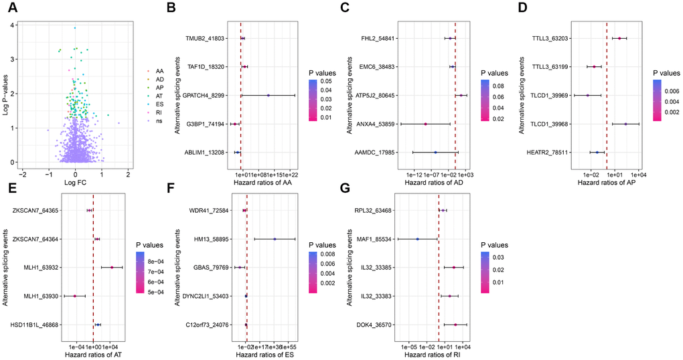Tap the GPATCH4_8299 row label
click(205, 96)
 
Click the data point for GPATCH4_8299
click(268, 96)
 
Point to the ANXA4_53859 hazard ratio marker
click(425, 124)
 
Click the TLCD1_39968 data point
click(625, 124)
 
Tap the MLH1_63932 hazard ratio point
click(112, 268)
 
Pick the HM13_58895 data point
click(275, 239)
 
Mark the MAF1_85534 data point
click(417, 239)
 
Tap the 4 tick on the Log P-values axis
click(13, 25)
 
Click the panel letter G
click(344, 189)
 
